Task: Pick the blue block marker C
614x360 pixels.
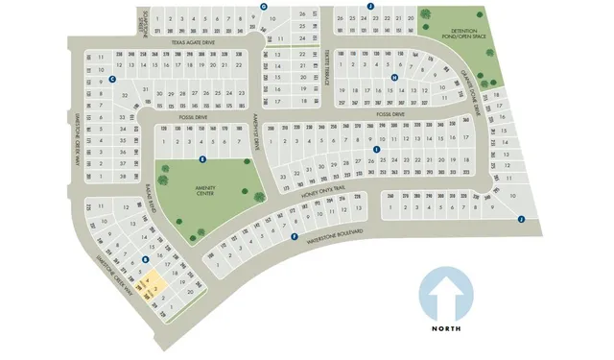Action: tap(113, 79)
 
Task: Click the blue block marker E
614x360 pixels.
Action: tap(201, 157)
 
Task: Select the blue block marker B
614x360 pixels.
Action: tap(144, 259)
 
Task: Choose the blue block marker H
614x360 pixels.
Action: tap(393, 78)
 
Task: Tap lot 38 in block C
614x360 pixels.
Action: tap(124, 178)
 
